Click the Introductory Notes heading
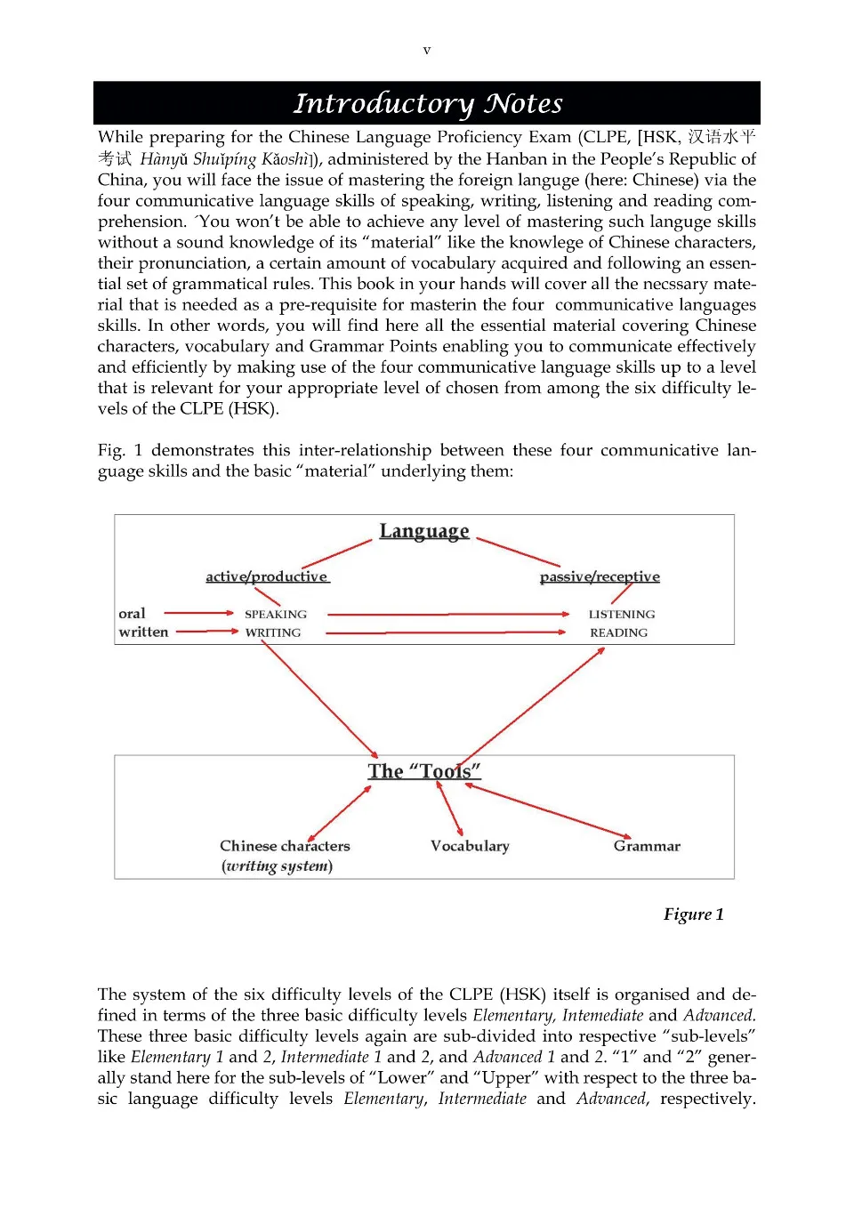(428, 103)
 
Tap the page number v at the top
(427, 51)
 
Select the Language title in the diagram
(424, 531)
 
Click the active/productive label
(267, 576)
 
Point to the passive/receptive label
(600, 576)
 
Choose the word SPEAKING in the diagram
(276, 614)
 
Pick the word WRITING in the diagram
(273, 632)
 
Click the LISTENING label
(621, 614)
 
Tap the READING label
(618, 632)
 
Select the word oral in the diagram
(132, 613)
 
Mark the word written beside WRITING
(143, 632)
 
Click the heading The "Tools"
(424, 771)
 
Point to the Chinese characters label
(285, 846)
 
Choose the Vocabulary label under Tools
(470, 846)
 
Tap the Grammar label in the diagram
(647, 846)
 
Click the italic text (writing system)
(277, 866)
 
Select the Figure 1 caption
(693, 914)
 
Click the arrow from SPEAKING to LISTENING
(448, 614)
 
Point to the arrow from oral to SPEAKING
(199, 613)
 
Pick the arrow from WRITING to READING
(445, 632)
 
